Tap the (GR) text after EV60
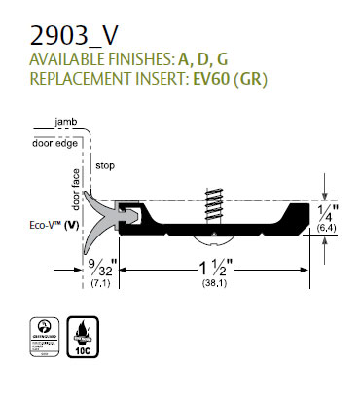251,78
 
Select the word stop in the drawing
106,166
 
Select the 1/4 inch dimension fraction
334,212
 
